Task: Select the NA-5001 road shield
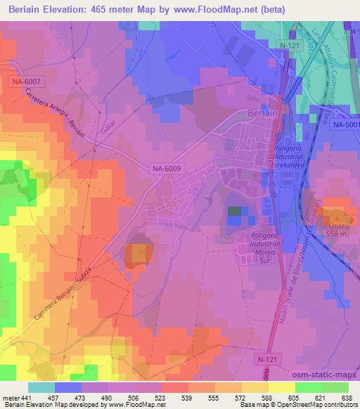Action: (347, 124)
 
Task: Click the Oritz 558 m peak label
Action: (337, 230)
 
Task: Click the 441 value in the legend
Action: (27, 398)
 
